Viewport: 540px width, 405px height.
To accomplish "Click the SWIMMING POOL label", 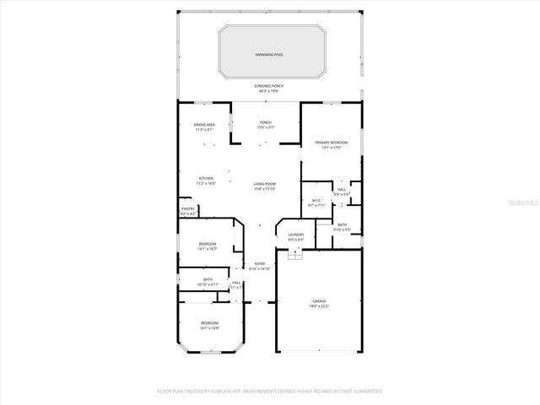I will pyautogui.click(x=269, y=54).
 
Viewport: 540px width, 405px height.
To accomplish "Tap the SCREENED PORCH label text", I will pyautogui.click(x=269, y=86).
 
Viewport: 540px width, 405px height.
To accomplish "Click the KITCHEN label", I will pyautogui.click(x=207, y=178).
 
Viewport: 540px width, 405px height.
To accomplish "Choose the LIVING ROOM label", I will pyautogui.click(x=265, y=183).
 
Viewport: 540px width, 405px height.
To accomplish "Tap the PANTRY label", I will pyautogui.click(x=188, y=209).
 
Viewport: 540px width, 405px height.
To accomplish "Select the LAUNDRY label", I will pyautogui.click(x=295, y=235).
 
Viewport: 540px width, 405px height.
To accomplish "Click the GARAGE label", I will pyautogui.click(x=319, y=300).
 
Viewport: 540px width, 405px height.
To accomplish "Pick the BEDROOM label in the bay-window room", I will pyautogui.click(x=208, y=323).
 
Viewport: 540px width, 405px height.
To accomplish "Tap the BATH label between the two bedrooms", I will pyautogui.click(x=208, y=279).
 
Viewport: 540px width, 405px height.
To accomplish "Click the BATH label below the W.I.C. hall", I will pyautogui.click(x=342, y=224).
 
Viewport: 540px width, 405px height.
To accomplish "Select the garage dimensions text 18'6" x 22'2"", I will pyautogui.click(x=319, y=305).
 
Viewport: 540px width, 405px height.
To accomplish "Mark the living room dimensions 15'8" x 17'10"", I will pyautogui.click(x=265, y=188).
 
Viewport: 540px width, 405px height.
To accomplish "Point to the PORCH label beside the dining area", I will pyautogui.click(x=265, y=122).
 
